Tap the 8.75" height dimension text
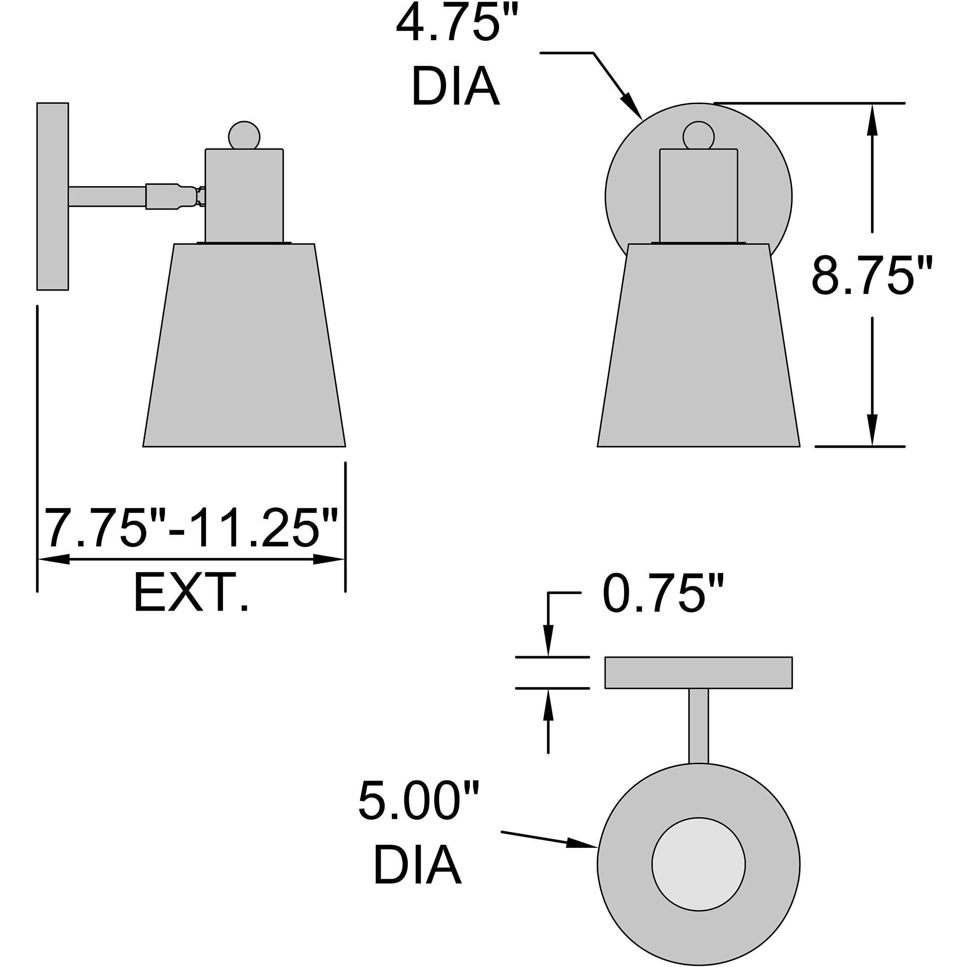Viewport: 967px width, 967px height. (x=871, y=276)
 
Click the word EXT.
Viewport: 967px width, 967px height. (x=191, y=594)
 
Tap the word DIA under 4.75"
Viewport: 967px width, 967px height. (x=455, y=87)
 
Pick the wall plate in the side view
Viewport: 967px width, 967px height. (x=52, y=196)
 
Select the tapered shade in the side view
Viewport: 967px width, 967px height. (x=244, y=345)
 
